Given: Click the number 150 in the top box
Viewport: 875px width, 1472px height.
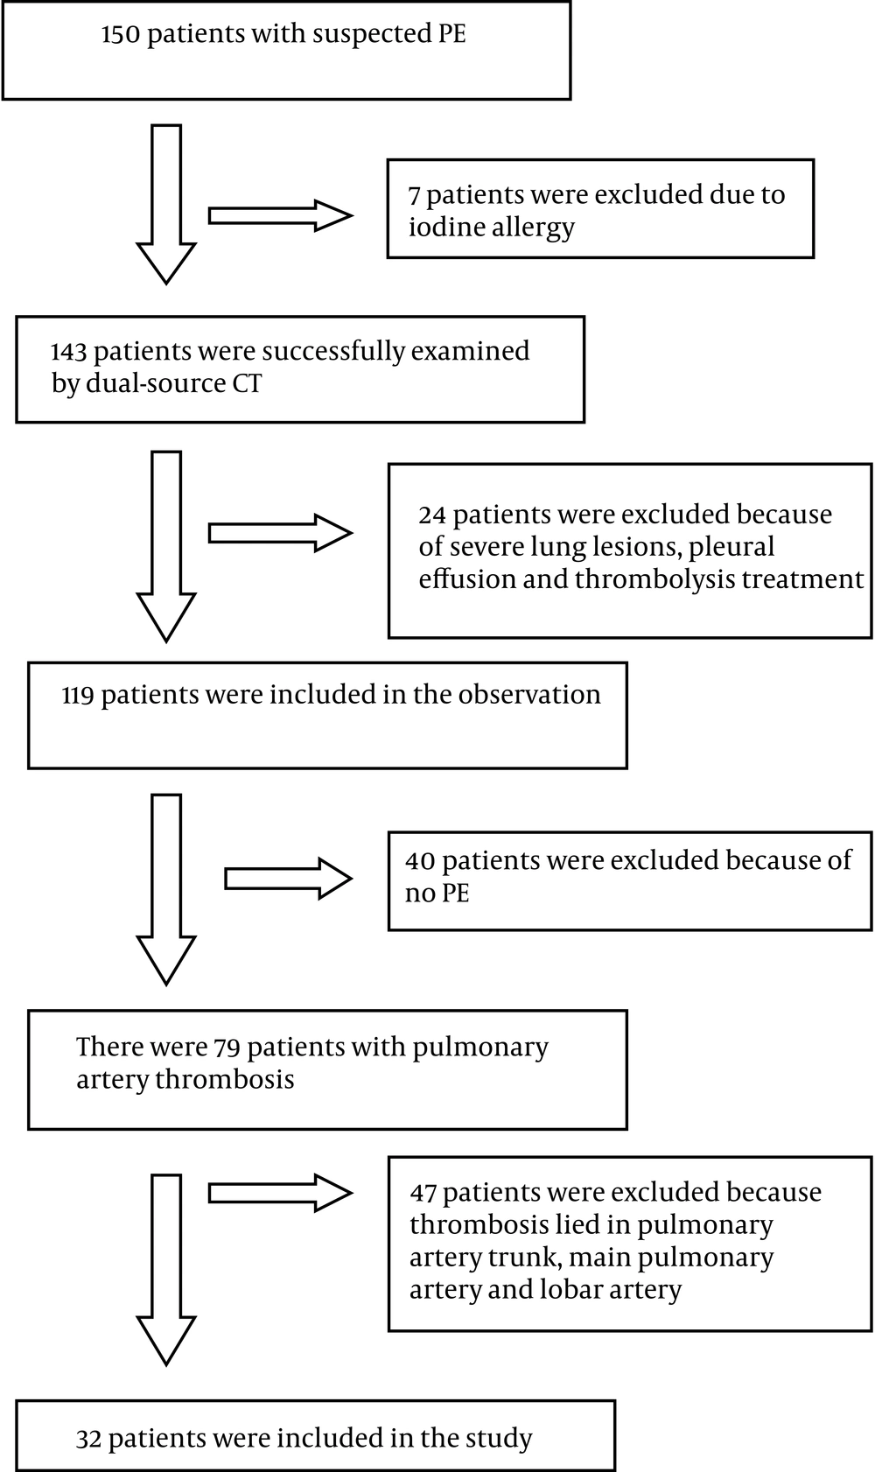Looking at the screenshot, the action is click(121, 34).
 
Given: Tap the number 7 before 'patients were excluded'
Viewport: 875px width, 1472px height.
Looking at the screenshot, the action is click(414, 196).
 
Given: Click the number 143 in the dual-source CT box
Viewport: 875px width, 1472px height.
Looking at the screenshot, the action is click(69, 352).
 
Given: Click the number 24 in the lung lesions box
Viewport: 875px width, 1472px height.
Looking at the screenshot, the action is click(432, 515).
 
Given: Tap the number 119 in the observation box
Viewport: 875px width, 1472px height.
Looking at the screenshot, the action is click(78, 695).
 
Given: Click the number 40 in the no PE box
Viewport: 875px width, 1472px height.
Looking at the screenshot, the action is click(420, 861).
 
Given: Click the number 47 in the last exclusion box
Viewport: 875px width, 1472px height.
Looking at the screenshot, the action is click(423, 1193).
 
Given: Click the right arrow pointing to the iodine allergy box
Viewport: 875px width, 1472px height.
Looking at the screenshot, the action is click(281, 215).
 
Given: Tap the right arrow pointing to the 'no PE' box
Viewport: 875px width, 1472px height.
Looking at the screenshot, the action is click(289, 879).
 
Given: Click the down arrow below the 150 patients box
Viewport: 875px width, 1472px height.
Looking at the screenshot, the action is click(166, 205).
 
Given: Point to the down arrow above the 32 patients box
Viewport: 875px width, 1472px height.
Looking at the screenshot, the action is click(166, 1270).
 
